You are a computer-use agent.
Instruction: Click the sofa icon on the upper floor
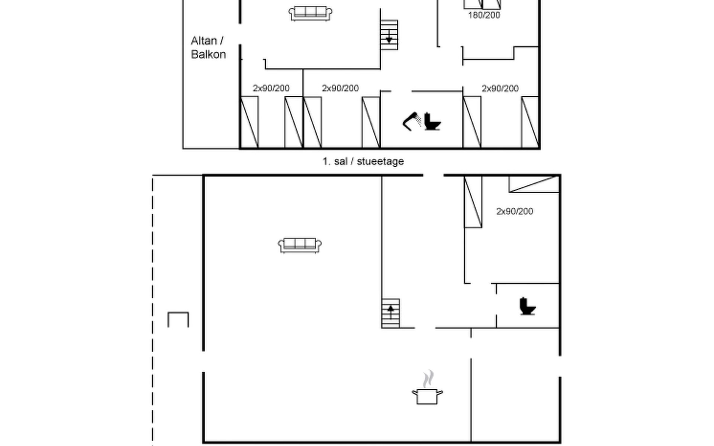(x=311, y=13)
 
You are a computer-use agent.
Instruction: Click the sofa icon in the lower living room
(x=300, y=245)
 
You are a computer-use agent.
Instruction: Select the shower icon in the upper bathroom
(x=412, y=121)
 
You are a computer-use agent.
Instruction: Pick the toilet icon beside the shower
(x=432, y=121)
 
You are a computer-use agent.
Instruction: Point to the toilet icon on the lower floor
(x=527, y=306)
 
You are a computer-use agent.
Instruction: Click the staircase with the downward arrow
(x=389, y=35)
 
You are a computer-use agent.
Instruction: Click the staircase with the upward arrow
(x=390, y=313)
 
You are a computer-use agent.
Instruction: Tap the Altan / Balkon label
(x=208, y=48)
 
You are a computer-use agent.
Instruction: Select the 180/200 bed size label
(x=484, y=15)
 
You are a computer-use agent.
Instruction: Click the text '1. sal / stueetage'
(x=363, y=161)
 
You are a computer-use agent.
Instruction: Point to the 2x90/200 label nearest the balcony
(x=271, y=88)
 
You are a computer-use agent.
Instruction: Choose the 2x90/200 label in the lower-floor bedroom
(x=515, y=211)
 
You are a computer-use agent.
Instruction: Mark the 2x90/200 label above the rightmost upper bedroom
(x=500, y=88)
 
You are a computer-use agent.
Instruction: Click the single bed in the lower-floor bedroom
(x=473, y=202)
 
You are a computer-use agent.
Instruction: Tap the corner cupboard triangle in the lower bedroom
(x=534, y=184)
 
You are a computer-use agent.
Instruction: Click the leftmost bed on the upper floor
(x=249, y=122)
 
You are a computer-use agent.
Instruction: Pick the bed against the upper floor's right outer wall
(x=530, y=122)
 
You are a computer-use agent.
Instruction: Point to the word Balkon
(x=208, y=55)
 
